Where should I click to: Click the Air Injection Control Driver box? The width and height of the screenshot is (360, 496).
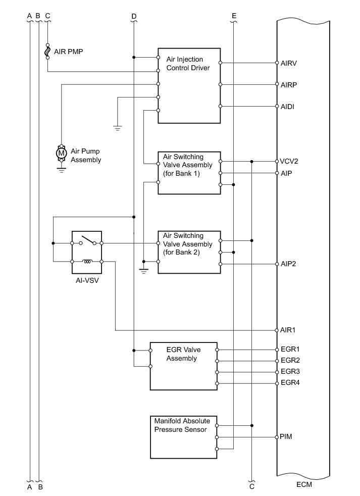(x=189, y=85)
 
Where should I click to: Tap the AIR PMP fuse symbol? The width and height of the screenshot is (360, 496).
(x=47, y=51)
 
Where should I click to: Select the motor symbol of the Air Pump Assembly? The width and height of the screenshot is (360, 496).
(x=61, y=152)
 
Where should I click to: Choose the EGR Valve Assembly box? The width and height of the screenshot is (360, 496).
(x=183, y=366)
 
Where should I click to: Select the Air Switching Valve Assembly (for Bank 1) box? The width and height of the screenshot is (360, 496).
(x=189, y=172)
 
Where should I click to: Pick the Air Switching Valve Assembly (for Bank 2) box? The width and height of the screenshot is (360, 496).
(x=189, y=252)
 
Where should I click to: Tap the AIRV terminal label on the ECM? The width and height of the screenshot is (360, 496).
(x=288, y=63)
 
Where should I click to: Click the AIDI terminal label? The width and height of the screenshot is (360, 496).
(x=287, y=107)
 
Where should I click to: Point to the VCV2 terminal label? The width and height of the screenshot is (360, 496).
(x=289, y=162)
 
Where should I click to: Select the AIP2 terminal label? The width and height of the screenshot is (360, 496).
(x=288, y=264)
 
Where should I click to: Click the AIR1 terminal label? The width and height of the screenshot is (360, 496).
(x=288, y=330)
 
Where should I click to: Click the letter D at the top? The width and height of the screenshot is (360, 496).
(x=133, y=16)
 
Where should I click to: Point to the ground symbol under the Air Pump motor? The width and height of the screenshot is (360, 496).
(x=61, y=171)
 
